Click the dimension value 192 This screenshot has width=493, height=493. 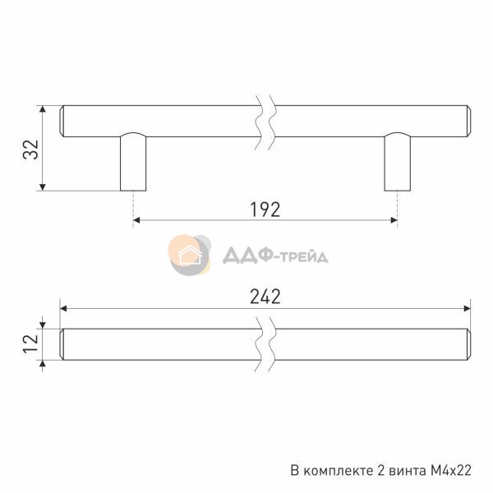pyautogui.click(x=265, y=210)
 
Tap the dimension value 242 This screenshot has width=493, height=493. pyautogui.click(x=265, y=297)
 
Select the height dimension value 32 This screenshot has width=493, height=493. pyautogui.click(x=31, y=150)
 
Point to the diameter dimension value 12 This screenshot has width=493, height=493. pyautogui.click(x=31, y=344)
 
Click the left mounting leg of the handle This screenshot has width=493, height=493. pyautogui.click(x=133, y=162)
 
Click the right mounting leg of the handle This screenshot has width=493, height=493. pyautogui.click(x=398, y=162)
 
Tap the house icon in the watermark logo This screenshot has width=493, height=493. pyautogui.click(x=190, y=255)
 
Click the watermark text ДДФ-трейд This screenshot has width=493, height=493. pyautogui.click(x=275, y=256)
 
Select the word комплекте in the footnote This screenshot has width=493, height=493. pyautogui.click(x=340, y=471)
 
